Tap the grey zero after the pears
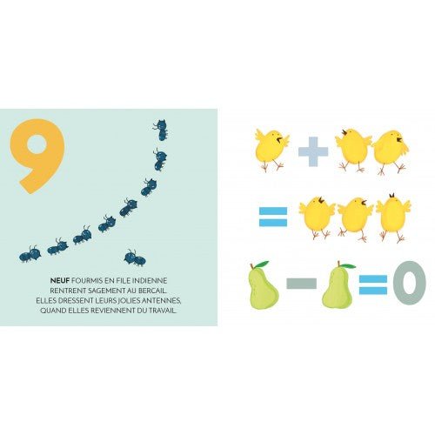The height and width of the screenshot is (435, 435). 410,283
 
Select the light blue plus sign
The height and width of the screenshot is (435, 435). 313,151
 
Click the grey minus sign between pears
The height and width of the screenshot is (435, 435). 301,284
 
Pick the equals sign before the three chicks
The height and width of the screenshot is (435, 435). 273,217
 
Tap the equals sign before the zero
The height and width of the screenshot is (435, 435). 373,284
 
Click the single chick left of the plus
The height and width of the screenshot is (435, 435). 271,150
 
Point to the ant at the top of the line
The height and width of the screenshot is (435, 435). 161,130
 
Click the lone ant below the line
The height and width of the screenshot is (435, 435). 135,258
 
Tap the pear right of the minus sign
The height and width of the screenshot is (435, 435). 338,285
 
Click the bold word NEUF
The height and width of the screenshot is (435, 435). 60,281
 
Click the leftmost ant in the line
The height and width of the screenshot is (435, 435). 30,254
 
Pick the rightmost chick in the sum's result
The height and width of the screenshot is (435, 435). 393,217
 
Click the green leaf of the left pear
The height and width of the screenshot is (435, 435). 262,264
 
